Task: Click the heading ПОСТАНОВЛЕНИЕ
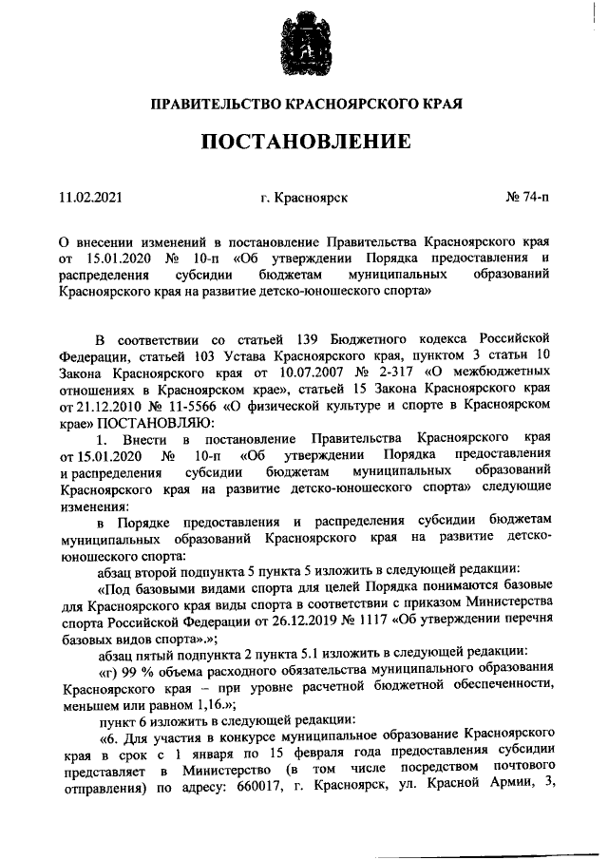tap(304, 143)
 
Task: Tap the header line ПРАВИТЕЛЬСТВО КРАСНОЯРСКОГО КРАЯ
tap(303, 101)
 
